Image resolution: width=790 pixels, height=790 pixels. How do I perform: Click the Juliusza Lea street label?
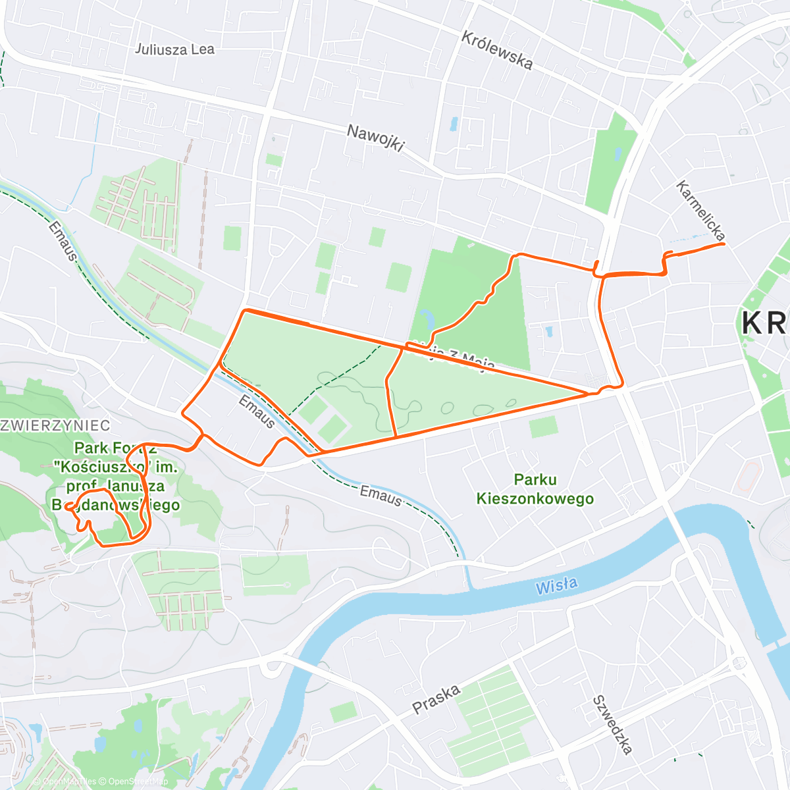(174, 49)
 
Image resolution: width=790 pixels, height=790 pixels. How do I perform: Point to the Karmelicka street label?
(700, 210)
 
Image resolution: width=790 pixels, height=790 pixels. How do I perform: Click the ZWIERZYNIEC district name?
(55, 425)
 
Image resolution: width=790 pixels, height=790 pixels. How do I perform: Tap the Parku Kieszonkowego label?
(535, 489)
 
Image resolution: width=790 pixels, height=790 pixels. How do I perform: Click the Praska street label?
(436, 699)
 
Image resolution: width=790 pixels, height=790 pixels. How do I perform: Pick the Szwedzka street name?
(613, 724)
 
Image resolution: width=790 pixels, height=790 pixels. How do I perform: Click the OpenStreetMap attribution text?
(138, 781)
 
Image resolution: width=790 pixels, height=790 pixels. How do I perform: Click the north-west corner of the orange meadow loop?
(246, 310)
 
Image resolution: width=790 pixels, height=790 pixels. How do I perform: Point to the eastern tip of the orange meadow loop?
(588, 394)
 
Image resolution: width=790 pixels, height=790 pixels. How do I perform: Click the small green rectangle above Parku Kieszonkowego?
(543, 427)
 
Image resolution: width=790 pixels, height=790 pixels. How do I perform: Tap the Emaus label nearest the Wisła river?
(381, 495)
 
